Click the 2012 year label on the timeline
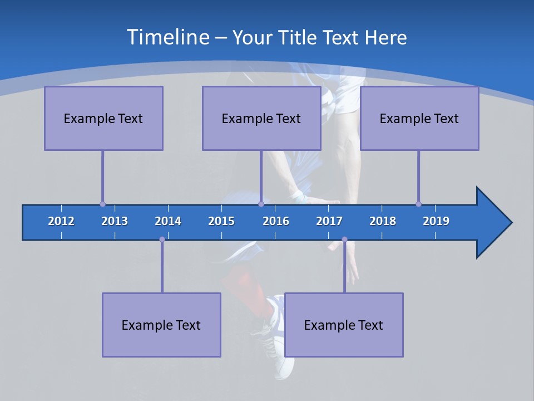tap(61, 221)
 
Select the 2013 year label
tap(115, 221)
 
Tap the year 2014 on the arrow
tap(168, 221)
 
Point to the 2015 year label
tap(221, 221)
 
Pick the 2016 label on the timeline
tap(276, 221)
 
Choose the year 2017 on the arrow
tap(329, 221)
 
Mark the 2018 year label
tap(383, 221)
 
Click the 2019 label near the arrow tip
tap(436, 221)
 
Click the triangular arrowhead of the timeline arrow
tap(493, 223)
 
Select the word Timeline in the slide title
tap(168, 37)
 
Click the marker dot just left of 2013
tap(102, 204)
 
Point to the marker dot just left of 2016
tap(261, 204)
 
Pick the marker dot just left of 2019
tap(418, 204)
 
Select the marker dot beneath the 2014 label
tap(162, 239)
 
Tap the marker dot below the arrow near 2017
tap(344, 239)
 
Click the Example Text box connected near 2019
tap(419, 118)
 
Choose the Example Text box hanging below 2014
tap(161, 325)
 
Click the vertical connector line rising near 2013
tap(102, 177)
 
